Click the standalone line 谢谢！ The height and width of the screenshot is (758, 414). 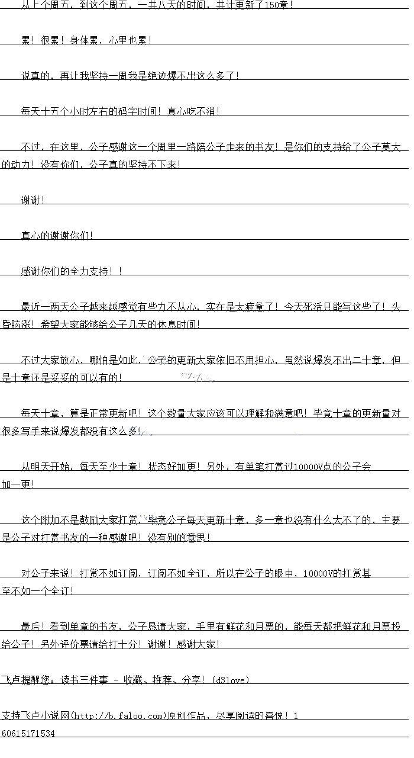[33, 200]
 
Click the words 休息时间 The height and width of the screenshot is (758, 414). [177, 325]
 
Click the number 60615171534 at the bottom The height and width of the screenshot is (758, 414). [28, 733]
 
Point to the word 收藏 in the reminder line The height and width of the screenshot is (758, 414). [133, 680]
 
